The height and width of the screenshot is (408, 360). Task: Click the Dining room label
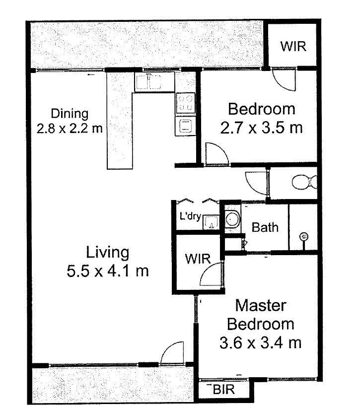70,114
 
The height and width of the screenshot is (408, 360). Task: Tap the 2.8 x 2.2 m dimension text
70,128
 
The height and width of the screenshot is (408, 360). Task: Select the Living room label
108,253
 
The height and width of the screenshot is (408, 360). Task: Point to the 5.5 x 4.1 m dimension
108,271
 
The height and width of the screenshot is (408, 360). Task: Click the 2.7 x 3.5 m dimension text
261,128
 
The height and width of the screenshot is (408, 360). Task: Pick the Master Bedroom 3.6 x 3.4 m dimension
261,342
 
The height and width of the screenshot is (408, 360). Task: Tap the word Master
261,305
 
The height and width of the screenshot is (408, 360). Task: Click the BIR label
224,390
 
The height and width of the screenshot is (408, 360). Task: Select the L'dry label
190,216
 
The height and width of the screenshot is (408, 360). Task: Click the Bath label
265,227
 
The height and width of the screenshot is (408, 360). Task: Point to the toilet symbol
304,182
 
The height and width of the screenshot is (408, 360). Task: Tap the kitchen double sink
148,82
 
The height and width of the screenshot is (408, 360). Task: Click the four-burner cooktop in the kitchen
186,103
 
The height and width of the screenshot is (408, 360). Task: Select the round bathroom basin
232,219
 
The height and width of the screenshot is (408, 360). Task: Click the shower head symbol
303,237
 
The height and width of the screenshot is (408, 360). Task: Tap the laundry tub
211,222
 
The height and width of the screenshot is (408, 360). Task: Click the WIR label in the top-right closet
293,46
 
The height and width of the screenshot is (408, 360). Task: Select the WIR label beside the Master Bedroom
198,259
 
